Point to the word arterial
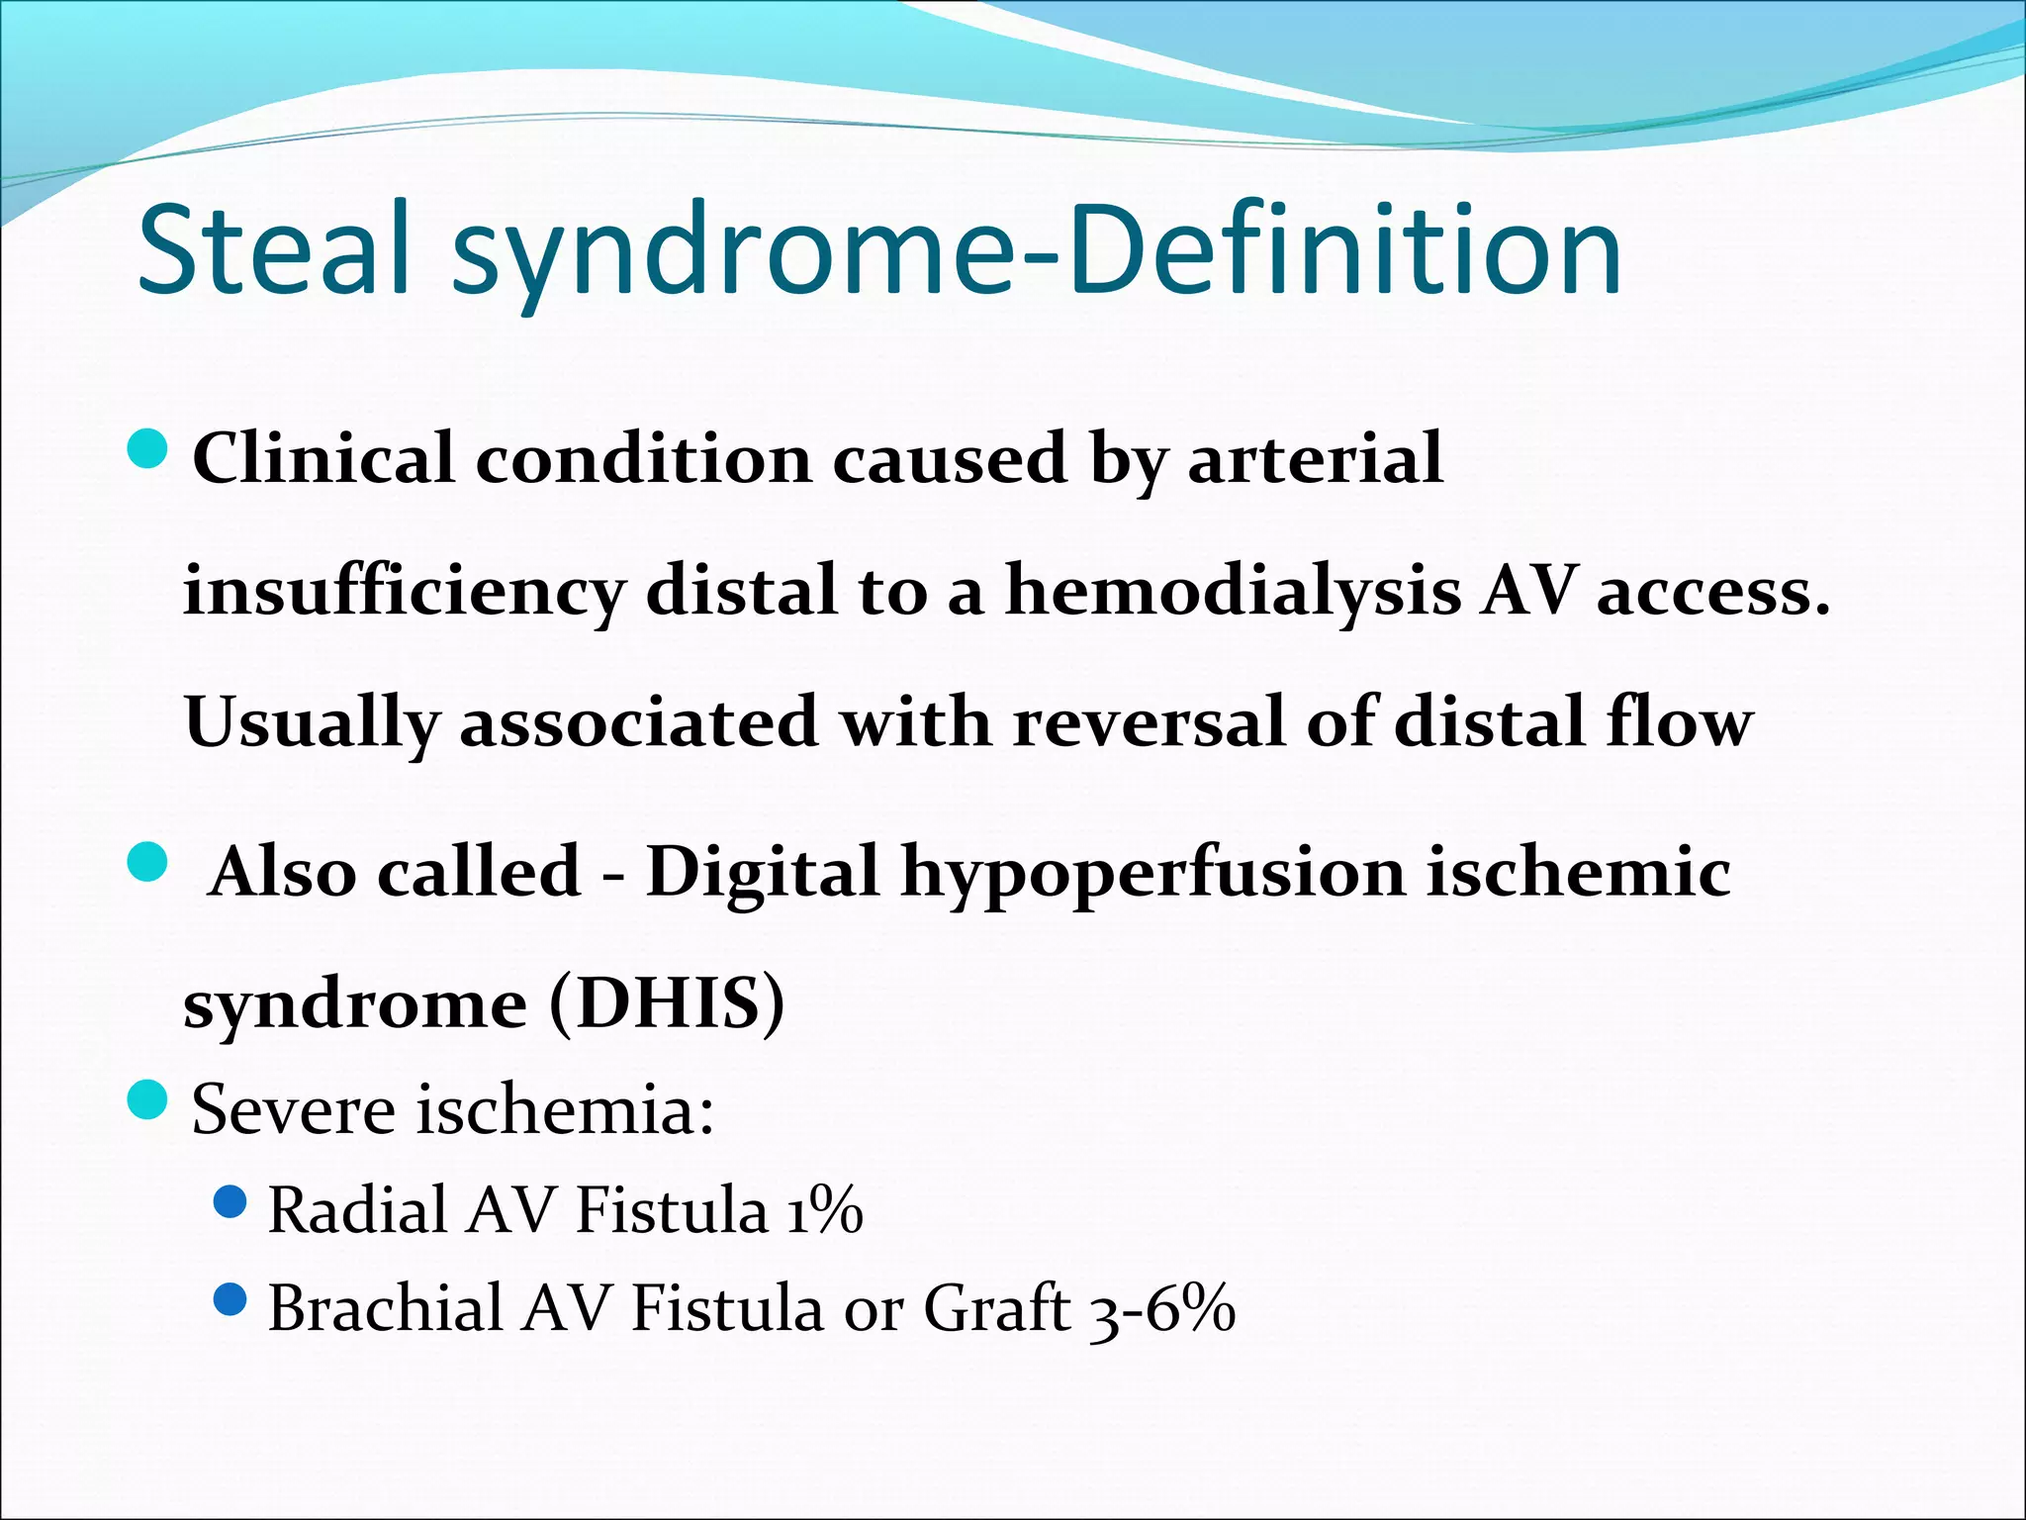click(1315, 459)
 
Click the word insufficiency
click(404, 592)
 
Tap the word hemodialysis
click(1233, 592)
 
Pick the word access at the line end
click(1711, 592)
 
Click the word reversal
click(1149, 722)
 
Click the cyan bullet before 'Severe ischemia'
click(149, 1099)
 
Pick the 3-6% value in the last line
click(1161, 1309)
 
